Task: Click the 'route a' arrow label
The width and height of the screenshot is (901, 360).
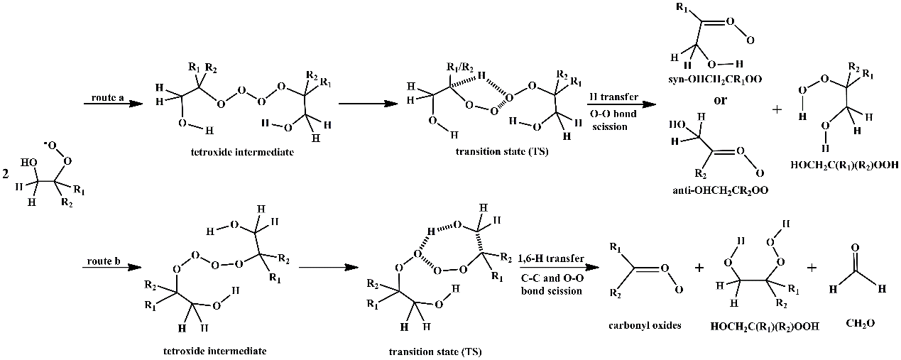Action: click(x=104, y=94)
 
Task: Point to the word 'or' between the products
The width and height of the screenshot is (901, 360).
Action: click(x=720, y=100)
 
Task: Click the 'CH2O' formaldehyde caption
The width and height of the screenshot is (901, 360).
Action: click(x=860, y=323)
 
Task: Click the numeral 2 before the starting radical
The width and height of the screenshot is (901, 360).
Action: click(x=6, y=173)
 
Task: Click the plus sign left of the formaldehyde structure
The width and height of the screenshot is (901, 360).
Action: click(x=812, y=268)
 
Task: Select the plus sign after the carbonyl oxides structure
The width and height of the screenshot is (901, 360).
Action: click(x=699, y=268)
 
